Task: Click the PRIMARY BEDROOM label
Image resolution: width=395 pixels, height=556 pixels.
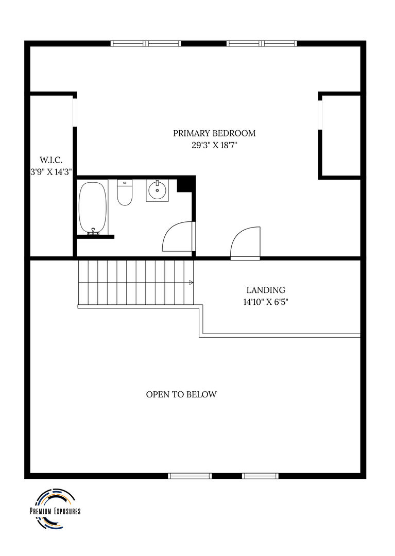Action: point(214,133)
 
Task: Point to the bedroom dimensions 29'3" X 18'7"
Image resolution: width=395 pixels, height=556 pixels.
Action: point(214,145)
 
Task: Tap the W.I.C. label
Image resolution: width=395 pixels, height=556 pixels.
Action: point(51,160)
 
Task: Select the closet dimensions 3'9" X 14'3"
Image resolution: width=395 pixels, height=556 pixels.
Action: point(51,172)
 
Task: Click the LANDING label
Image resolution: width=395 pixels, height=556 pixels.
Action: point(266,290)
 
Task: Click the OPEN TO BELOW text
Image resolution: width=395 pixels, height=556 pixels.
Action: point(181,394)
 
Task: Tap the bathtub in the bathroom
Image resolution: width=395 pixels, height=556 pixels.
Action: point(93,208)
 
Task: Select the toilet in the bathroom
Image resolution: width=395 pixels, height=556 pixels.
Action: point(125,193)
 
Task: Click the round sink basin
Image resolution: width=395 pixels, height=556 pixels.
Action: point(157,191)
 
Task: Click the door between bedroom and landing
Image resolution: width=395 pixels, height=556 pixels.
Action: point(245,243)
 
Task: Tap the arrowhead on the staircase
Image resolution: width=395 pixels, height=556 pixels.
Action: point(192,283)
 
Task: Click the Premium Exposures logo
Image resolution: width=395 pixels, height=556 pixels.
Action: point(55,509)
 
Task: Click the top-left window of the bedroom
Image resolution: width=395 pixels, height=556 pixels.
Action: point(146,44)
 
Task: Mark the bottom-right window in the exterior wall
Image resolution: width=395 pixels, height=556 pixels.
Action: point(260,476)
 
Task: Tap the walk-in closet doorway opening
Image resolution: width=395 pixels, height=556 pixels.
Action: point(75,112)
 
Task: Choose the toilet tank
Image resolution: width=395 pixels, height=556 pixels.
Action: point(125,183)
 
